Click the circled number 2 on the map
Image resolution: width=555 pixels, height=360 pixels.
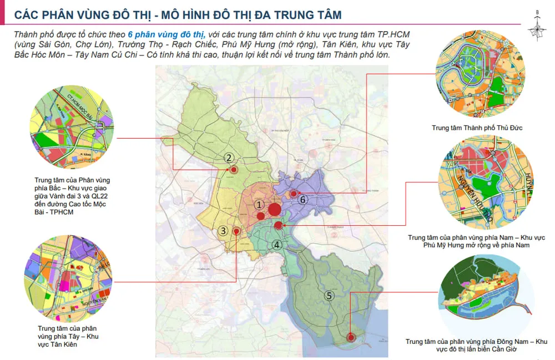coord(229,158)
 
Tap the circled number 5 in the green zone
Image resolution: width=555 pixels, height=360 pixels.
coord(329,296)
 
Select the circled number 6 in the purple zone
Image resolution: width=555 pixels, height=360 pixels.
coord(302,200)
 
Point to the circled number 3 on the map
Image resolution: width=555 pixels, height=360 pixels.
coord(223,231)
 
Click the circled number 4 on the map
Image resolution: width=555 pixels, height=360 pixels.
coord(277,245)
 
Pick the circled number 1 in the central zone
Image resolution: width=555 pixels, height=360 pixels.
coord(259,205)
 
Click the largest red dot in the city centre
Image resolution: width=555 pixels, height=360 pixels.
coord(274,210)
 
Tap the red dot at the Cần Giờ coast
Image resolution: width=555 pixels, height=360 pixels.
coord(351,336)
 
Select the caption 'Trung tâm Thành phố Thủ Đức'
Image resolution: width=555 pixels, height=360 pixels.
coord(477,128)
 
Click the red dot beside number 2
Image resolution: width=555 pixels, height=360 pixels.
coord(234,170)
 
